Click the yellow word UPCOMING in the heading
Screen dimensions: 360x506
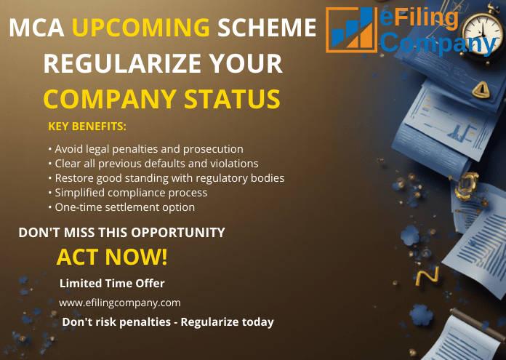tap(141, 28)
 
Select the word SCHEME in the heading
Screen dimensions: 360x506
tap(268, 28)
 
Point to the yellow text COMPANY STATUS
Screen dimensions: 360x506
tap(161, 98)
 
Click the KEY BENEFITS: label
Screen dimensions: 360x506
tap(87, 127)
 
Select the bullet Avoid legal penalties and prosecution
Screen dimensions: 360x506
tap(145, 149)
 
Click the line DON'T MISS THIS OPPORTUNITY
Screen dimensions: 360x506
tap(121, 233)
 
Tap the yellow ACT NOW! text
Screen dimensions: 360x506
tap(112, 257)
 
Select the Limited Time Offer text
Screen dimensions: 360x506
tap(112, 283)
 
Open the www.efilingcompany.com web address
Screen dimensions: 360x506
tap(119, 303)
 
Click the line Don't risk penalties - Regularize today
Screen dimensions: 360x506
tap(168, 321)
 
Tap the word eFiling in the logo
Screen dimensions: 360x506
tap(419, 18)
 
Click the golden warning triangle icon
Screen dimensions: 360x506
tap(481, 89)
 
